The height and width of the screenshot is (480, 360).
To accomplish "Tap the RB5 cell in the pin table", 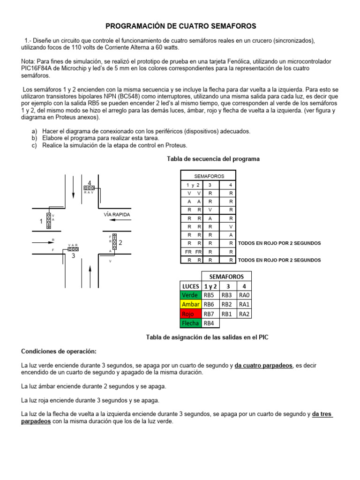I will coord(210,295).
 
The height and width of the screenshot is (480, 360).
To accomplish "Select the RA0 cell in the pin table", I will coord(244,295).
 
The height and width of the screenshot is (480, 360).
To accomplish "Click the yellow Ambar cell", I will coord(191,304).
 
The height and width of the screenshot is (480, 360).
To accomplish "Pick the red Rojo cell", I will coord(191,314).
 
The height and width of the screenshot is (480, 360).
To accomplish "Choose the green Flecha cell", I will coord(191,323).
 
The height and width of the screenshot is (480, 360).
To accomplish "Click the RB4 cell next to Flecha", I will coord(210,323).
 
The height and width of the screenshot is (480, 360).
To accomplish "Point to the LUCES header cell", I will coord(191,285).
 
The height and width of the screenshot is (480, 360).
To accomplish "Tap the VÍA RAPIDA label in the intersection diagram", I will coord(117,215).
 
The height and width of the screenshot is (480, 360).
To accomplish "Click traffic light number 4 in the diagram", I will coord(89,187).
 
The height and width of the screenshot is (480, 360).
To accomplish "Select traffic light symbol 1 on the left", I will coord(48,221).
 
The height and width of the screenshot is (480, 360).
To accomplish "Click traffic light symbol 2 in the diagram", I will coord(114,242).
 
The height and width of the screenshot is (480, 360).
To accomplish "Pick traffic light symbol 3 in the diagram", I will coord(73,249).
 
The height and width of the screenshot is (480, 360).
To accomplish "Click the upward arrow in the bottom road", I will coord(89,274).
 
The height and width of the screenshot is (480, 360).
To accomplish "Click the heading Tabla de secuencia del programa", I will coord(213,159).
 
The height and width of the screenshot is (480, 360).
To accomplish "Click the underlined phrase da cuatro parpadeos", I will coord(264,365).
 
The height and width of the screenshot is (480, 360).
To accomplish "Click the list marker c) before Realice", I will coord(34,145).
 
